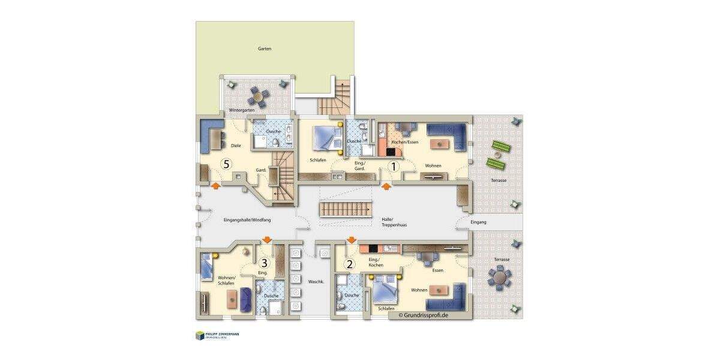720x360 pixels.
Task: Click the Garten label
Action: click(x=265, y=49)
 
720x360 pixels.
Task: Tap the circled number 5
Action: click(x=226, y=163)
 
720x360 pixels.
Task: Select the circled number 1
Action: click(x=394, y=167)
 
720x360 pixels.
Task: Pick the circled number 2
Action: click(x=349, y=263)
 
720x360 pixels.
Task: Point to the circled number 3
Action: click(x=264, y=262)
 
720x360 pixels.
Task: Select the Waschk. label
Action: click(x=316, y=281)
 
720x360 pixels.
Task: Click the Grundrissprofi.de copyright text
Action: click(x=423, y=314)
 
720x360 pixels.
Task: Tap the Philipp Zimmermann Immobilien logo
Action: click(x=217, y=335)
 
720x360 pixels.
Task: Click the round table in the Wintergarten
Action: click(x=259, y=95)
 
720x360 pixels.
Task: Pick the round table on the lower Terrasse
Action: click(x=500, y=277)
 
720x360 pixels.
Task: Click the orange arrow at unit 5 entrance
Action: click(x=214, y=186)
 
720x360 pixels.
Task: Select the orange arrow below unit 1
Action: click(x=387, y=187)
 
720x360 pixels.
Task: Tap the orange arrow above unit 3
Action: click(x=266, y=241)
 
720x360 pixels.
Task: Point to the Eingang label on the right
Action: click(x=478, y=222)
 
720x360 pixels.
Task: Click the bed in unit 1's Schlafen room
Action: click(x=326, y=137)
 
